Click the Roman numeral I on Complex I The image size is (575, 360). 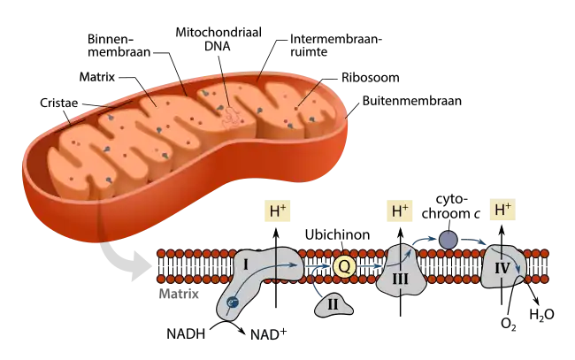click(x=246, y=264)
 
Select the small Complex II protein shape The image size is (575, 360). click(x=333, y=305)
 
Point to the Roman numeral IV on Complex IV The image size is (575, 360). click(x=502, y=268)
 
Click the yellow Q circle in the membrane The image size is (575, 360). click(x=344, y=265)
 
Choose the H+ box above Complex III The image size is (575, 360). click(x=400, y=212)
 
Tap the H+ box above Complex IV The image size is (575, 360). click(x=502, y=211)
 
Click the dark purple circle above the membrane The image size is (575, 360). click(x=448, y=240)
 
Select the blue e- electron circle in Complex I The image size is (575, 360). click(x=232, y=303)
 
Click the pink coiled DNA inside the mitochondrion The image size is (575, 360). click(x=231, y=116)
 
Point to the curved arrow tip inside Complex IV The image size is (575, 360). click(x=518, y=273)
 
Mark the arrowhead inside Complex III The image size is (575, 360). click(x=410, y=249)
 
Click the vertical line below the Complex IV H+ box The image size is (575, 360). click(x=502, y=234)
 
